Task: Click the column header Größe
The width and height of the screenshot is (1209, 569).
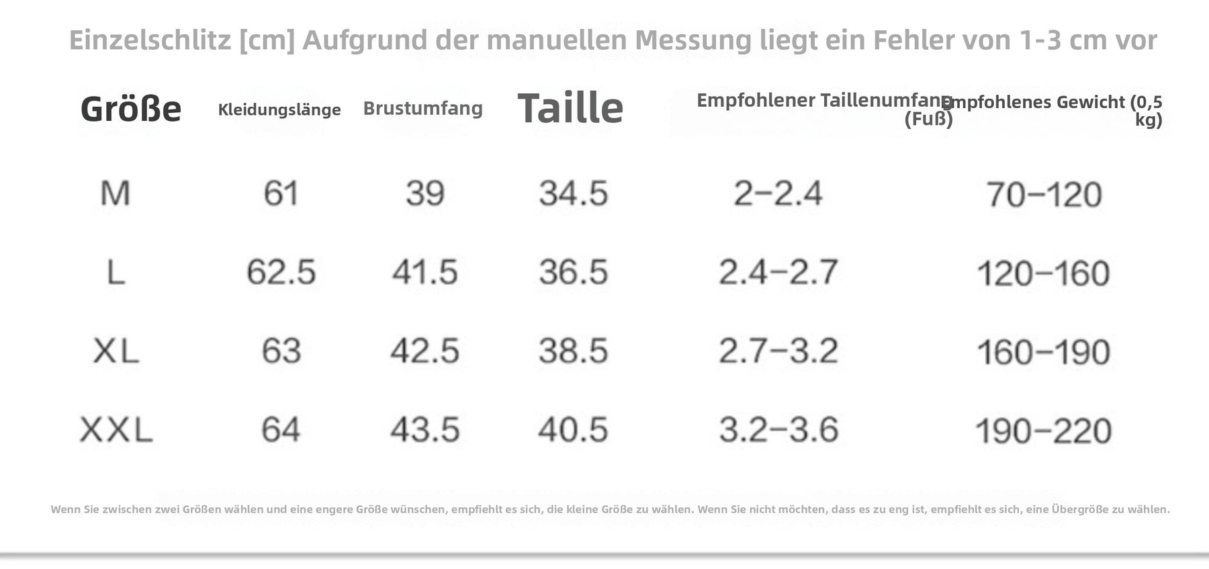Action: point(131,109)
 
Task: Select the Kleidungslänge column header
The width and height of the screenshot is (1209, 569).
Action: point(279,110)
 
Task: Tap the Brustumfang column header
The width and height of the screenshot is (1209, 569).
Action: point(423,108)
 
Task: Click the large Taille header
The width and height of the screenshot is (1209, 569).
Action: point(570,107)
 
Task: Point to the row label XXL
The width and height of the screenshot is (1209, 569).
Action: point(116,430)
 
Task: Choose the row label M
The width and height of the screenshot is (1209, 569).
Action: point(115,193)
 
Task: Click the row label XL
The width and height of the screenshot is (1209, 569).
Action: point(116,351)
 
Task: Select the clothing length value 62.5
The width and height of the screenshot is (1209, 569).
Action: point(281,272)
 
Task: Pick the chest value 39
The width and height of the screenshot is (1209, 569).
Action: point(424,193)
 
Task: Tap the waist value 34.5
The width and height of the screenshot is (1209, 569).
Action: point(573,193)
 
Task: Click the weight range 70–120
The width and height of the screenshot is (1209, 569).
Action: point(1044,195)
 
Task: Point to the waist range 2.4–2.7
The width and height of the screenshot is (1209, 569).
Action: point(778,272)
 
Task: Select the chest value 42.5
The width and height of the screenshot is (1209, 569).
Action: point(424,351)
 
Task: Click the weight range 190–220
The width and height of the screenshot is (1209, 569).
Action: point(1044,431)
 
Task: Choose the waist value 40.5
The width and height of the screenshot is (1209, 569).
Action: point(573,430)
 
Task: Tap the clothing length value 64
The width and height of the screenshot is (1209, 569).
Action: point(281,430)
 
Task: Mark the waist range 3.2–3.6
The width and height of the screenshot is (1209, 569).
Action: point(778,430)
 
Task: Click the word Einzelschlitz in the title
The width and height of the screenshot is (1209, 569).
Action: point(150,40)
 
